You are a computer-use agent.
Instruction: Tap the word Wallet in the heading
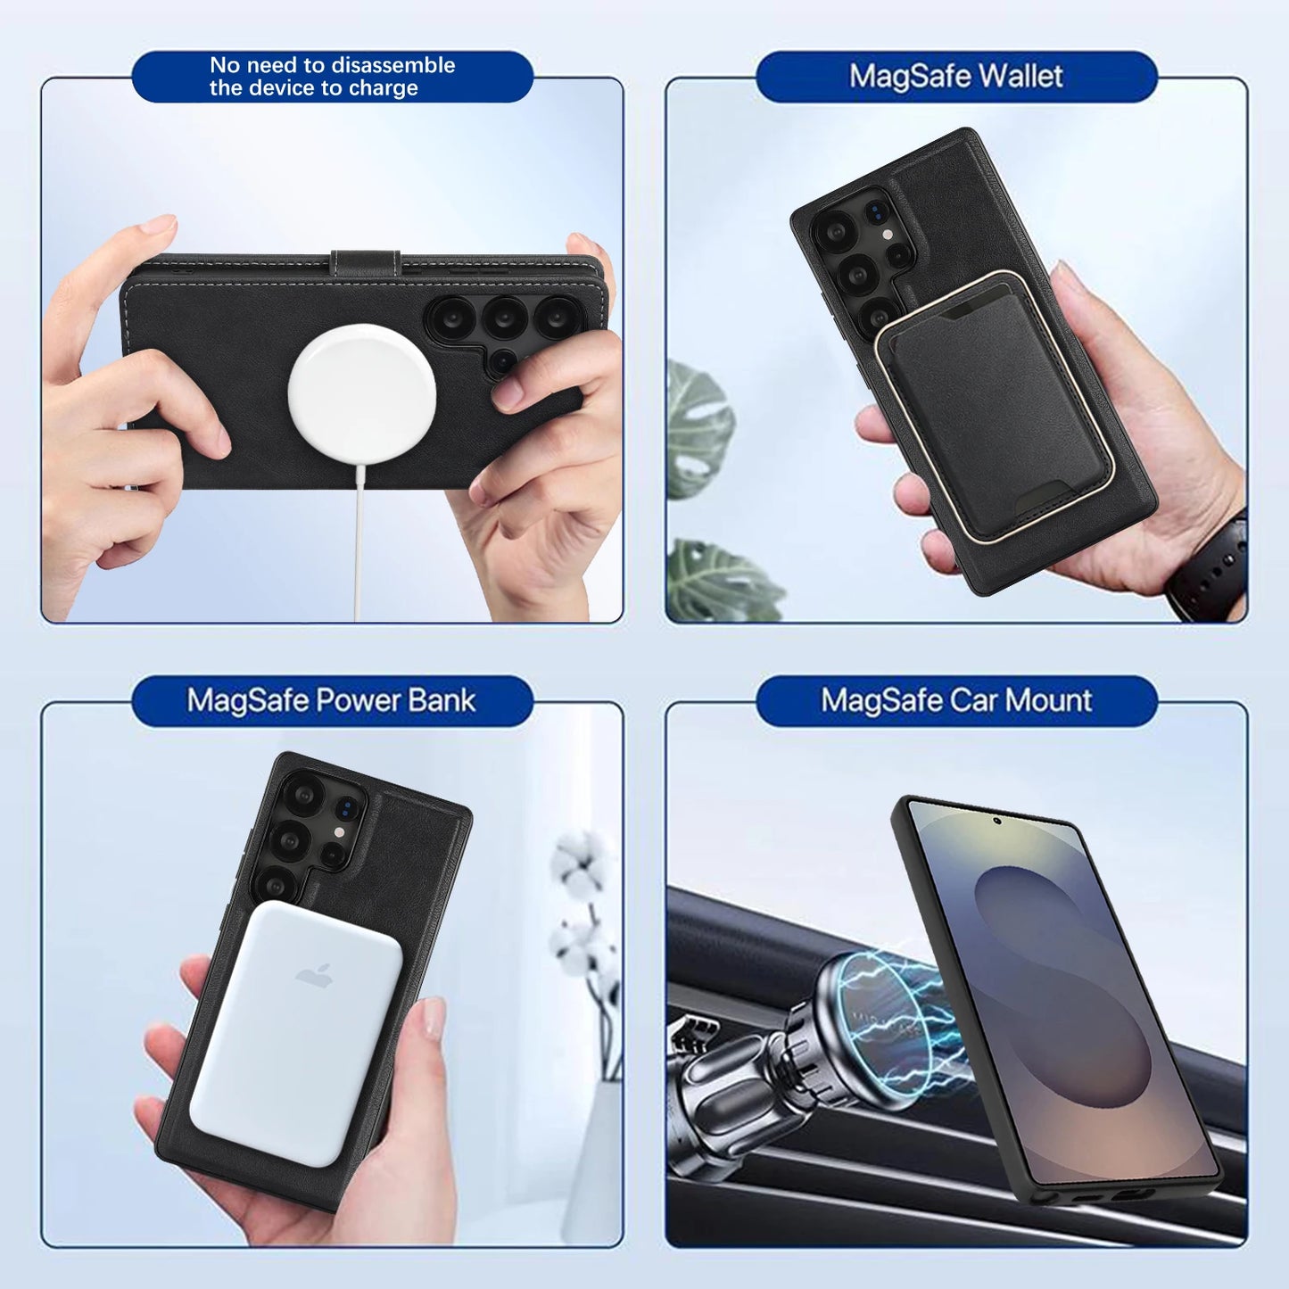pyautogui.click(x=1022, y=77)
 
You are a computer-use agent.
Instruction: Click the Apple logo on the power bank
pyautogui.click(x=314, y=975)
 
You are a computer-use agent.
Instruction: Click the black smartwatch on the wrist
pyautogui.click(x=1214, y=566)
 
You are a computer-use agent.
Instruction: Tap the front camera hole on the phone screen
pyautogui.click(x=996, y=820)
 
